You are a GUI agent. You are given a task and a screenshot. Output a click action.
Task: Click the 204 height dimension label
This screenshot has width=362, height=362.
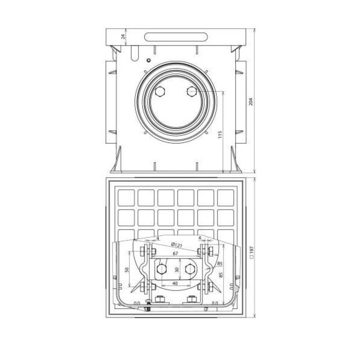click(252, 102)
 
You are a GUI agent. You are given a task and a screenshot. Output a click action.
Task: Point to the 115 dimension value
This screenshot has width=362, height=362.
click(220, 135)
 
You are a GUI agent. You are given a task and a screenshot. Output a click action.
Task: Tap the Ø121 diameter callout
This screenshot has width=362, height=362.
click(176, 245)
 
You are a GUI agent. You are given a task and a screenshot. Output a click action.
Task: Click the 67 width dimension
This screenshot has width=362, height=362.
click(175, 253)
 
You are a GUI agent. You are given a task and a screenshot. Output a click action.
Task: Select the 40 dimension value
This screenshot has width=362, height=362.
click(175, 288)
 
